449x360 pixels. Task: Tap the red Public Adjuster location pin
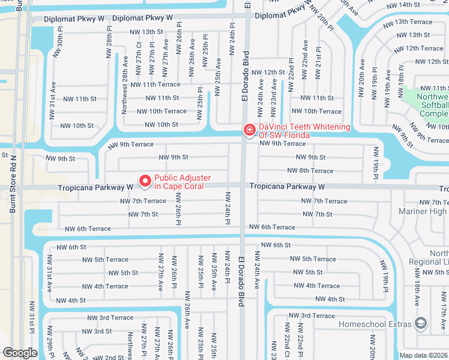click(145, 180)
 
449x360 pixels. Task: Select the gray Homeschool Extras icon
click(421, 324)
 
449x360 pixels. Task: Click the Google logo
click(20, 353)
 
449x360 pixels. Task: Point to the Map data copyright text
click(424, 355)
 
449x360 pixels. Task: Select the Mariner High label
click(422, 211)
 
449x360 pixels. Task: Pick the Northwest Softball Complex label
click(427, 105)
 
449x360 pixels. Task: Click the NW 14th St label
click(403, 5)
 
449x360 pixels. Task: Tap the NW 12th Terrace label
click(424, 48)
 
